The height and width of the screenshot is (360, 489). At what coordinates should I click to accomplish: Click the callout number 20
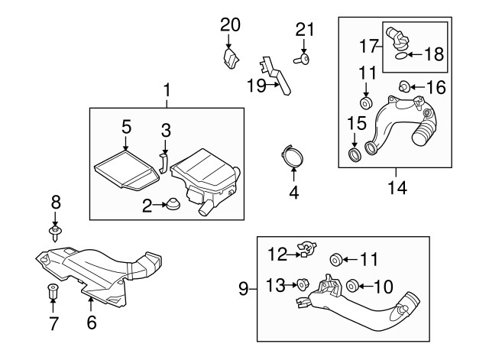(230, 24)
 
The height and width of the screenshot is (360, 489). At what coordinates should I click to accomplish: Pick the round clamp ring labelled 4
(291, 156)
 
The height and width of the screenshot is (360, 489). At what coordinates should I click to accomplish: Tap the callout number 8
(55, 203)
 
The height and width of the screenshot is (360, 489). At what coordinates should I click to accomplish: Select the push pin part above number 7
(53, 291)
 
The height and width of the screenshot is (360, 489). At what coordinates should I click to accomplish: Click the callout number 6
(92, 323)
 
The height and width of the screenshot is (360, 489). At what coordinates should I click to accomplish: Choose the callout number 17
(367, 46)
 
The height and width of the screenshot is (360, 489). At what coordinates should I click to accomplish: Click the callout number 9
(243, 289)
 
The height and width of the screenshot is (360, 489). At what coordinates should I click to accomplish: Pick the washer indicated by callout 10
(353, 287)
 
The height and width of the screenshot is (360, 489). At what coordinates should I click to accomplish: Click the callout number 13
(274, 285)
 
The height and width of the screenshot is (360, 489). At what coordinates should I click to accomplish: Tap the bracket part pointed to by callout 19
(282, 76)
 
